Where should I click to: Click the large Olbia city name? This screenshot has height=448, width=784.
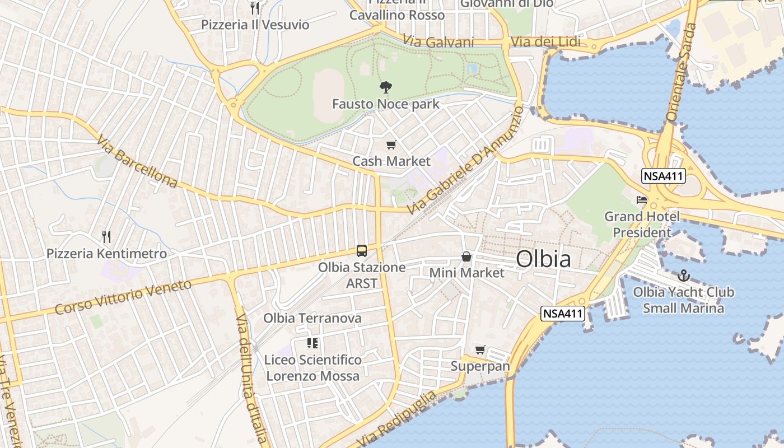[543, 259]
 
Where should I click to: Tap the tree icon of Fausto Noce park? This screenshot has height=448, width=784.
[385, 87]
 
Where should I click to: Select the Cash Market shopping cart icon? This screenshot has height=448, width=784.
[391, 145]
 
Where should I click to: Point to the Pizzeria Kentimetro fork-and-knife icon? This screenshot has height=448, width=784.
[106, 237]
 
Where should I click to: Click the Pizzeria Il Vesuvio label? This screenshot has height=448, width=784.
[255, 25]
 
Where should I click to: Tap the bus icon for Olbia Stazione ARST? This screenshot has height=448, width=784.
[362, 250]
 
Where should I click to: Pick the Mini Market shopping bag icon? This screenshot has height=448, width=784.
[466, 256]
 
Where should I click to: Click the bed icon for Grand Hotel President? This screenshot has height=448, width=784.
[642, 200]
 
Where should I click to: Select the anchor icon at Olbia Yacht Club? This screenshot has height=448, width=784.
[683, 276]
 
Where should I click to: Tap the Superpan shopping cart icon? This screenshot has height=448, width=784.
[480, 350]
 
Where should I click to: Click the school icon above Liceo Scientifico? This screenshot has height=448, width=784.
[312, 343]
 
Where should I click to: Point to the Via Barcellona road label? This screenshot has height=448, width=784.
[137, 161]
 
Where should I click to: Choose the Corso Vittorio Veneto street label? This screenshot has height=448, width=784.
[123, 297]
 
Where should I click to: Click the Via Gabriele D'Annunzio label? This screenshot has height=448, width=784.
[466, 160]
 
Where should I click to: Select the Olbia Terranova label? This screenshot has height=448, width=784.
[312, 318]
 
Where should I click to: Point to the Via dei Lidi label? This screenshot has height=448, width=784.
[546, 42]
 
